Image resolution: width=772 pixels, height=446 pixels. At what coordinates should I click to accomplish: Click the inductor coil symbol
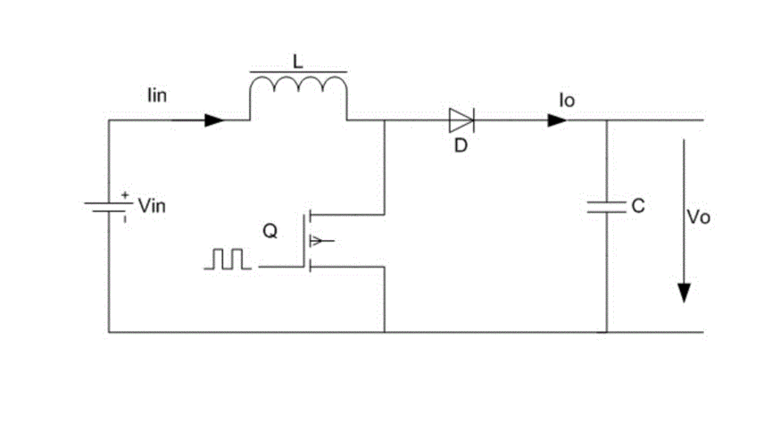coord(298,89)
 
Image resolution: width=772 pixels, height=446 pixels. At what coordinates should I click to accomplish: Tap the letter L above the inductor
coord(298,60)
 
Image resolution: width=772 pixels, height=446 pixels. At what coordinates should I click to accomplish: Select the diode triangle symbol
coord(461,120)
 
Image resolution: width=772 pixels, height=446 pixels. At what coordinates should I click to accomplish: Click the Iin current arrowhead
coord(214,120)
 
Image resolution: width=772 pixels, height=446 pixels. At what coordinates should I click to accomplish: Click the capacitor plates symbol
coord(607,206)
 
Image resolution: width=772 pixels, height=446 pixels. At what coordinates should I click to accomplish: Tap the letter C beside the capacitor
coord(637,206)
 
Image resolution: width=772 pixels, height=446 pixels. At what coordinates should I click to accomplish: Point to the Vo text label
coord(699,217)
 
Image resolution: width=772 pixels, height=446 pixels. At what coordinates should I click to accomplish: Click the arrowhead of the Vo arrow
coord(684,293)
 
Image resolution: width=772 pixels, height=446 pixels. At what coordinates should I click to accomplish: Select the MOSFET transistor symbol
coord(312,240)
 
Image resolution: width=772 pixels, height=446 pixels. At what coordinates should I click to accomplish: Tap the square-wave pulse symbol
coord(227,259)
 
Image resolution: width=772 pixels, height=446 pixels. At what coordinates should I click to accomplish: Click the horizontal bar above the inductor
coord(298,70)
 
